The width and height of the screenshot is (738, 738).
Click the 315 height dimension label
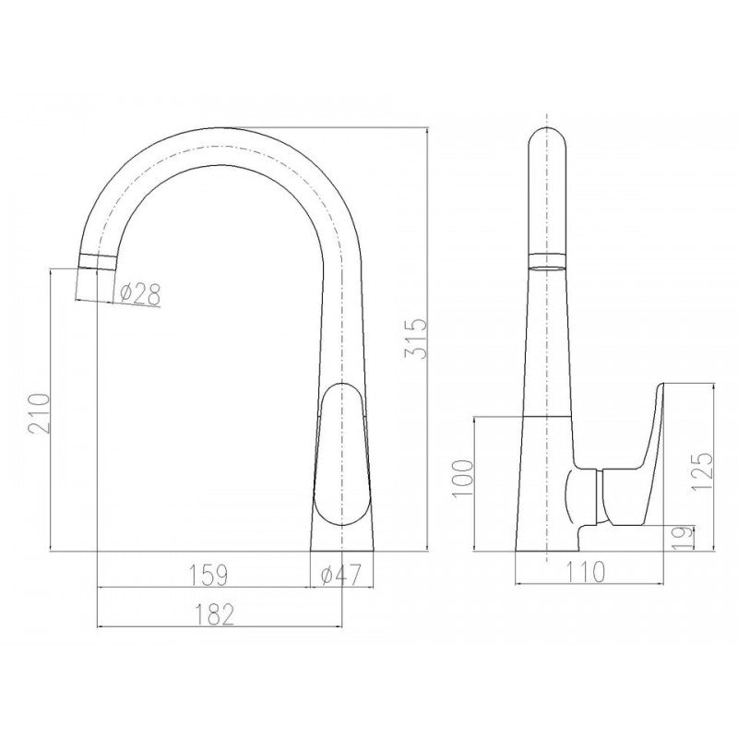pos(416,339)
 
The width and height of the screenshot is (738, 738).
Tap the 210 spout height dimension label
pos(39,413)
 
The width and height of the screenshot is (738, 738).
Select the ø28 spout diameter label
pos(140,293)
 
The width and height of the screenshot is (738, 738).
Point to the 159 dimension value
pos(208,575)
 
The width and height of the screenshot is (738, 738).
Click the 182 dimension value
pos(214,614)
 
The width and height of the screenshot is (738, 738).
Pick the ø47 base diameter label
pos(340,575)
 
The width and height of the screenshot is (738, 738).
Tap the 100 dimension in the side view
pos(462,478)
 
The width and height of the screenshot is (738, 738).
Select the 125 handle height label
pos(702,471)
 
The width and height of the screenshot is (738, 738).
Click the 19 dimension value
pos(683,538)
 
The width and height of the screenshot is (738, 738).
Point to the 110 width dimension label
pos(585,572)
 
